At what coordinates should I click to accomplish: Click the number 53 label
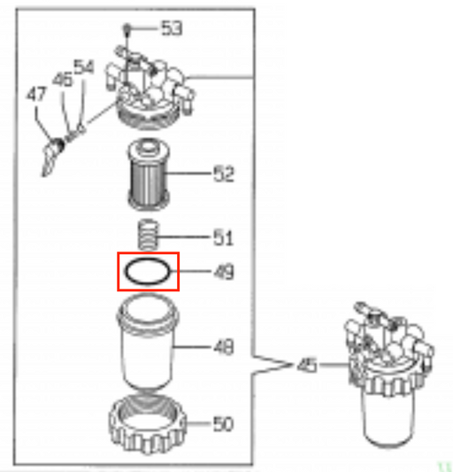point(172,28)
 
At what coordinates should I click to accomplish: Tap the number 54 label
point(84,66)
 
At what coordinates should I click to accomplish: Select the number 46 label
point(63,80)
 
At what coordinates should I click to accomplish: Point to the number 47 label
point(36,94)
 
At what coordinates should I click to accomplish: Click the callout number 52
point(224,174)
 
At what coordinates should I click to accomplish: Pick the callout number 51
point(223,237)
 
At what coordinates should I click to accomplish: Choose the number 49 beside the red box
point(224,272)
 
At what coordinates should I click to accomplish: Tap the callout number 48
point(224,347)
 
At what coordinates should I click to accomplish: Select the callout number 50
point(223,424)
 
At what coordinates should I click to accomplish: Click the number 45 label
point(307,365)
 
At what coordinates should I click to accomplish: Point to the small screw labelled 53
point(127,30)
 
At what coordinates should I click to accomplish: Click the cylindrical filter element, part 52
point(148,174)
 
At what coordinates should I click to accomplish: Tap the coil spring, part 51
point(148,235)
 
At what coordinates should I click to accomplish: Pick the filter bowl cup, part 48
point(148,342)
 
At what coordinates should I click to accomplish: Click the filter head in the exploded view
point(150,90)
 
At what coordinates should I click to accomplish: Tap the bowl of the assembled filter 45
point(388,415)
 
